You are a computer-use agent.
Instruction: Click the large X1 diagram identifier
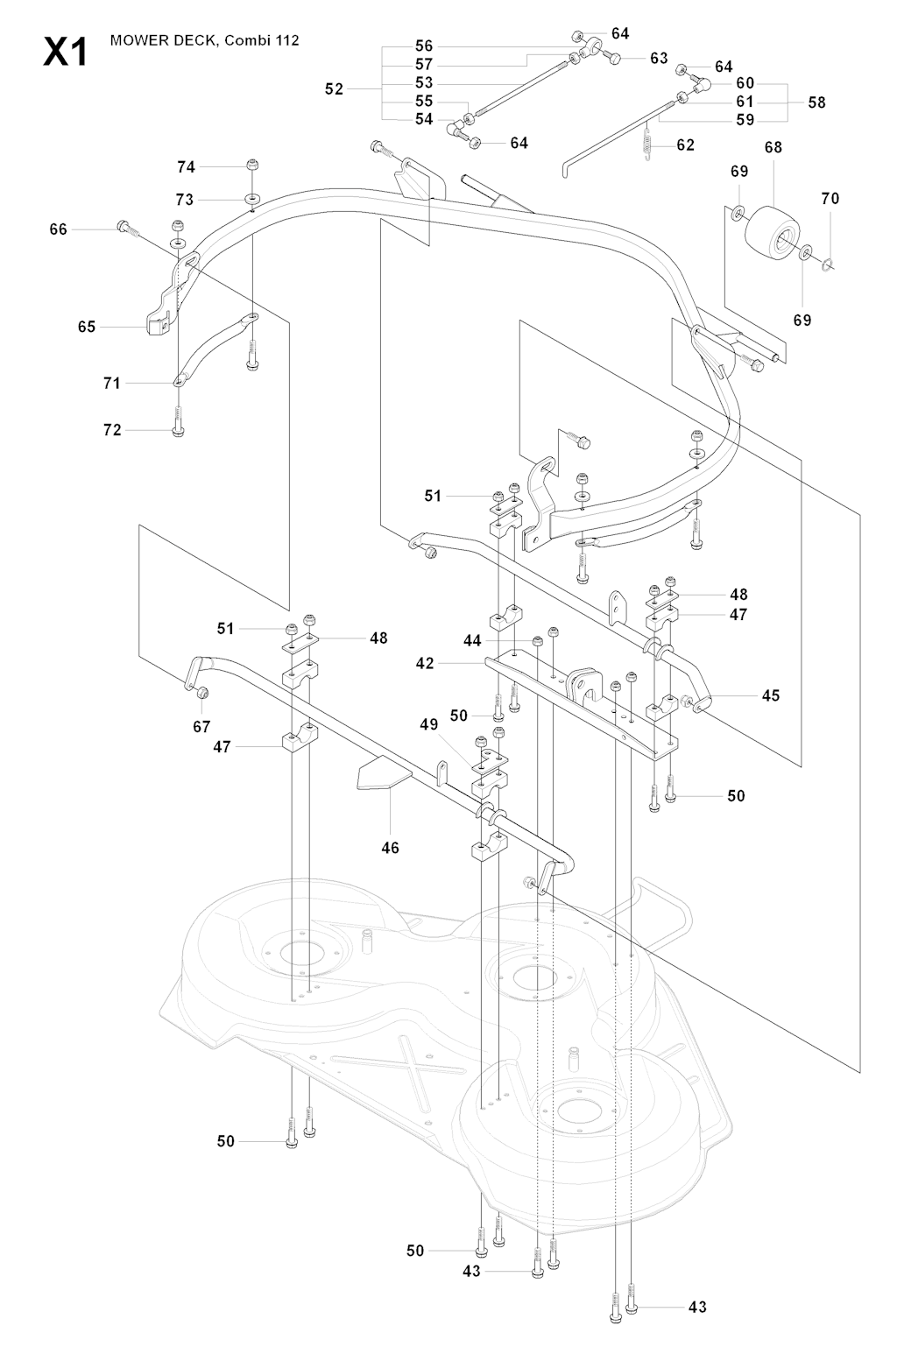point(65,52)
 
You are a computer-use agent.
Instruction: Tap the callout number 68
point(773,148)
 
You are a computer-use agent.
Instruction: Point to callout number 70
point(830,199)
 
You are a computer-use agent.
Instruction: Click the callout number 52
point(334,88)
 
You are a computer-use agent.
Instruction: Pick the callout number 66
point(58,229)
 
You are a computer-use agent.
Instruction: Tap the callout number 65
point(86,327)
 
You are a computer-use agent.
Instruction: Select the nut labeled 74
point(252,165)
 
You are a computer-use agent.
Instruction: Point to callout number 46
point(390,847)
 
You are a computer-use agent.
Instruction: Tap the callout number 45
point(770,695)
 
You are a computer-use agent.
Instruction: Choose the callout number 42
point(425,663)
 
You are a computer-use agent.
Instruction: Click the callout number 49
point(429,724)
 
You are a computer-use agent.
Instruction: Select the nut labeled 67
point(201,694)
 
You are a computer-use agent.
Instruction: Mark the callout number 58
point(816,102)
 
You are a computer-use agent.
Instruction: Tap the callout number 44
point(472,641)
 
